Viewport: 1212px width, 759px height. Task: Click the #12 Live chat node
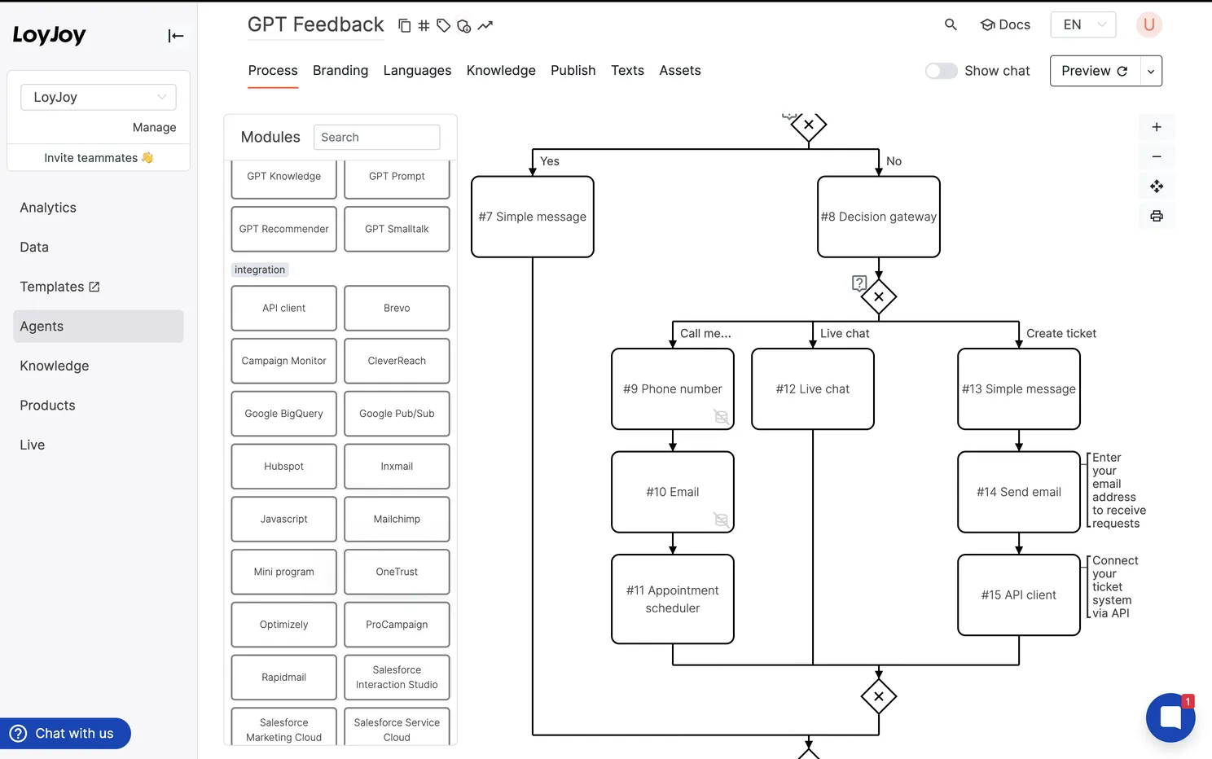(x=812, y=389)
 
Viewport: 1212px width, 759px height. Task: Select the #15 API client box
(x=1018, y=595)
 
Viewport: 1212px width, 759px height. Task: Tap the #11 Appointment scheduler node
(x=672, y=599)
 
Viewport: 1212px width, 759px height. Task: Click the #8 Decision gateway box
(x=878, y=217)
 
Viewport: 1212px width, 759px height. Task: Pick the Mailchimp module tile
(x=397, y=520)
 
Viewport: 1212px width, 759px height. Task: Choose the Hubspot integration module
(x=283, y=467)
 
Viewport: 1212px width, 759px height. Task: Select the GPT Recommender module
(x=283, y=229)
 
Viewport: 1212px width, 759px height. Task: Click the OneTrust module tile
(x=397, y=572)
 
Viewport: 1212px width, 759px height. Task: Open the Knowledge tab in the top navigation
(x=501, y=71)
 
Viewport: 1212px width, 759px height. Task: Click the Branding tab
(x=340, y=71)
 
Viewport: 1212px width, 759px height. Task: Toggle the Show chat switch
(x=942, y=71)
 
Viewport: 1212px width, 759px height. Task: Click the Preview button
(x=1094, y=71)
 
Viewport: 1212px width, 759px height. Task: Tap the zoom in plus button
(x=1156, y=127)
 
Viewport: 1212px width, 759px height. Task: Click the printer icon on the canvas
(x=1156, y=216)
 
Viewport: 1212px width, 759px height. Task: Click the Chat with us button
(x=65, y=734)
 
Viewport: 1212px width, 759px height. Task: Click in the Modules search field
(x=376, y=138)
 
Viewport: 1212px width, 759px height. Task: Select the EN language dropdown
(x=1082, y=24)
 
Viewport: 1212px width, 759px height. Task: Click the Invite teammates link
(x=98, y=158)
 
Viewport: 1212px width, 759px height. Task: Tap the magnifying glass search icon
(x=950, y=24)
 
